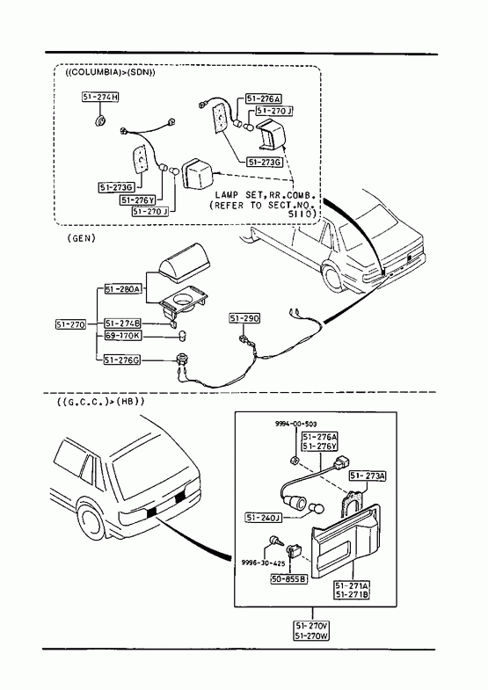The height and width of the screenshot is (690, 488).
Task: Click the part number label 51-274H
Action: [100, 97]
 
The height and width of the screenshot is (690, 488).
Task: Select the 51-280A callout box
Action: [123, 289]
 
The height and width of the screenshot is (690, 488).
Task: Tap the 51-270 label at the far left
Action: [71, 324]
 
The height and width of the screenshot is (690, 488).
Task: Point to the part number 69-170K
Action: [123, 336]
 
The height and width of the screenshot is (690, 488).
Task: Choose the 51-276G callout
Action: [122, 360]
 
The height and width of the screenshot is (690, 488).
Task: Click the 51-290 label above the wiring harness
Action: [244, 318]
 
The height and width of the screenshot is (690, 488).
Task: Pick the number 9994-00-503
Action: [295, 424]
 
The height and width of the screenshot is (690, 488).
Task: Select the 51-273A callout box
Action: [368, 476]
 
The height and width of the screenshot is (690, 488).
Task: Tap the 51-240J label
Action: [263, 518]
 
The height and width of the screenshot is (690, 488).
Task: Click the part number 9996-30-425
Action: [263, 563]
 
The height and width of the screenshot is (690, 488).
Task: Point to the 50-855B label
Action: [288, 579]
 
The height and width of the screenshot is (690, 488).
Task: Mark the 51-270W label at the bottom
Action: [312, 636]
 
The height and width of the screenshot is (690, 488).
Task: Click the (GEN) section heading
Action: [82, 238]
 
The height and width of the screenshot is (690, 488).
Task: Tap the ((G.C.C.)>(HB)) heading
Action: [101, 402]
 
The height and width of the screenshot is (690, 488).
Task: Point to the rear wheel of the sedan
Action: [333, 276]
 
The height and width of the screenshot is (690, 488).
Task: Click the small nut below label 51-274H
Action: [100, 120]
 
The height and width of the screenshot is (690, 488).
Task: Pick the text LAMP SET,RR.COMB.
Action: [265, 194]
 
